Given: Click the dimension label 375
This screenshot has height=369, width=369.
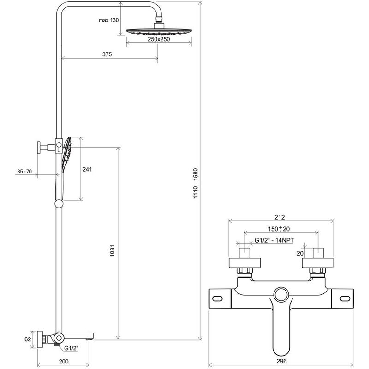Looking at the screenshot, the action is click(107, 54).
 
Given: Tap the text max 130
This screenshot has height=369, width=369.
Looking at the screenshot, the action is click(109, 21).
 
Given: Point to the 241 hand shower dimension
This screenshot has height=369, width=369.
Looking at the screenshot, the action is click(87, 169).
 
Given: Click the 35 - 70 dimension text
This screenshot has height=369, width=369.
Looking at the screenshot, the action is click(24, 172).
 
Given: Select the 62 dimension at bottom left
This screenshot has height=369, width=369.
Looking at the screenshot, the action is click(28, 339).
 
